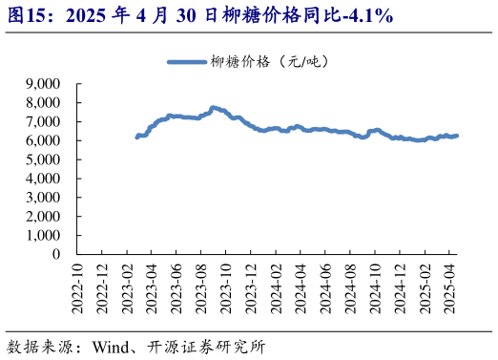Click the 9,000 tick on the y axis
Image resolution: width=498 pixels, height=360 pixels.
pyautogui.click(x=43, y=84)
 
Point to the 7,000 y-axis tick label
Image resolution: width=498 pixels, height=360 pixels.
pyautogui.click(x=43, y=121)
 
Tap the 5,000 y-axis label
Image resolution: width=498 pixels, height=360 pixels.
pyautogui.click(x=43, y=159)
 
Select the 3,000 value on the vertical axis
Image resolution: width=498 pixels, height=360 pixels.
pyautogui.click(x=43, y=198)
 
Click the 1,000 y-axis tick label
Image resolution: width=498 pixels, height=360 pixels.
pyautogui.click(x=43, y=235)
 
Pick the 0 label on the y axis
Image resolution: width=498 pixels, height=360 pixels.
pyautogui.click(x=56, y=254)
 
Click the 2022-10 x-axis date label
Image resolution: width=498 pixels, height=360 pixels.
pyautogui.click(x=78, y=285)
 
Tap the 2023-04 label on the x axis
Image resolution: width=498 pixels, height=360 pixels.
pyautogui.click(x=152, y=285)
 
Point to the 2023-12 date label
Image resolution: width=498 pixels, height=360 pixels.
pyautogui.click(x=250, y=285)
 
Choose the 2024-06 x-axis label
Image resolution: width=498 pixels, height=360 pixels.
pyautogui.click(x=324, y=285)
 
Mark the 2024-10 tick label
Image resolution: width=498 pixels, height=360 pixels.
pyautogui.click(x=374, y=285)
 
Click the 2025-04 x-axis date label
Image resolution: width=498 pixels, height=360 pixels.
pyautogui.click(x=447, y=285)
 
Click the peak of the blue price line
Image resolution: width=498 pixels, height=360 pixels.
pyautogui.click(x=213, y=108)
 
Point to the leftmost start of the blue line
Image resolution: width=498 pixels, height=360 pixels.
pyautogui.click(x=137, y=138)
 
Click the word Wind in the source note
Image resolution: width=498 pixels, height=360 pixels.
pyautogui.click(x=111, y=345)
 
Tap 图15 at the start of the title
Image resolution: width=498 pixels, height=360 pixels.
pyautogui.click(x=23, y=16)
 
